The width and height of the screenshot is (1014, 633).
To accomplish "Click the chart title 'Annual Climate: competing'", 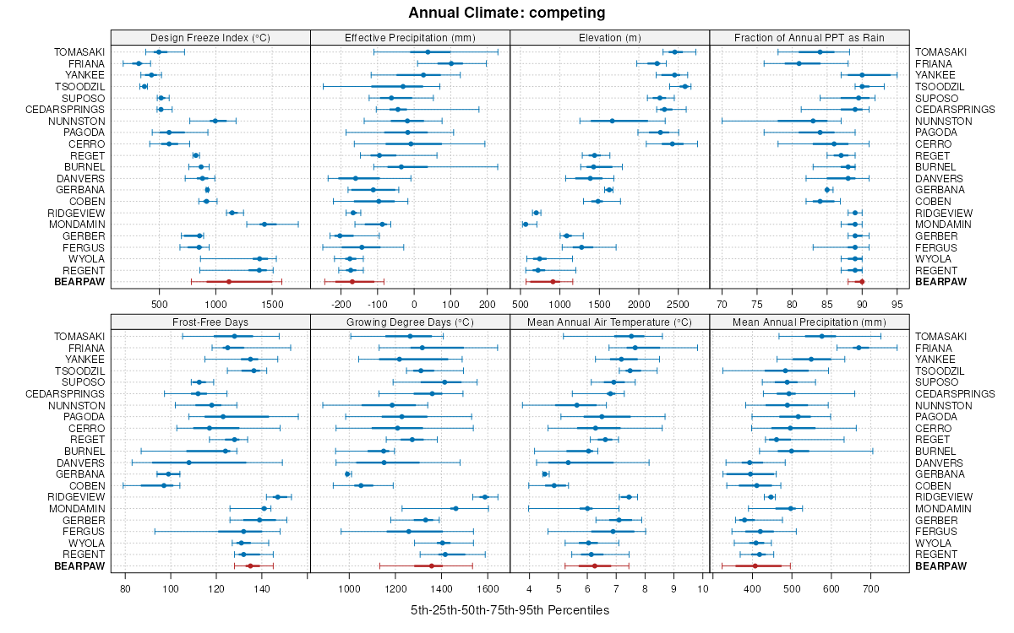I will tap(506, 13).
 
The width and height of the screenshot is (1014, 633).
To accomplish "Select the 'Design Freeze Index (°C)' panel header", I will tap(210, 37).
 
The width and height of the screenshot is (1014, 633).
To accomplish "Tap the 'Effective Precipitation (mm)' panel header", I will tap(410, 37).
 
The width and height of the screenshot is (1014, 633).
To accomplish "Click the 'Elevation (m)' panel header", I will tap(609, 37).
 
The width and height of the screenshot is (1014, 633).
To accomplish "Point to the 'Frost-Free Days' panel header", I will tap(210, 322).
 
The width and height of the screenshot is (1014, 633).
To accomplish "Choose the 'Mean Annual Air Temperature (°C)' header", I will tap(609, 322).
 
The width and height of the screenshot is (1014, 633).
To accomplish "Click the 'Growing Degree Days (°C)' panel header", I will tap(410, 322).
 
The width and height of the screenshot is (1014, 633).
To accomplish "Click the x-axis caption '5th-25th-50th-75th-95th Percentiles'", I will tap(510, 609).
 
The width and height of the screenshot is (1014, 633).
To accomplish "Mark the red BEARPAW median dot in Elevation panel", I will tap(553, 282).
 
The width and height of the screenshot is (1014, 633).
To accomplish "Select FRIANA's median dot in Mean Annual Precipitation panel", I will tap(859, 348).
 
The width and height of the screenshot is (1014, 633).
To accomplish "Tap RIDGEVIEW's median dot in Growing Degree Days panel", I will tap(485, 497).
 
